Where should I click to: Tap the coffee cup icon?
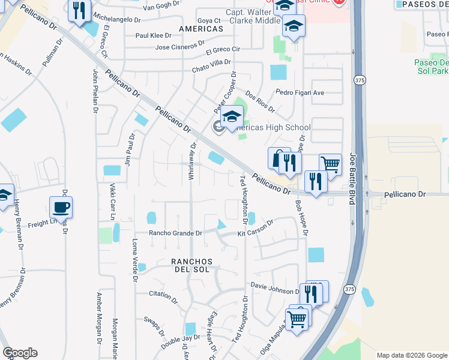click(61, 208)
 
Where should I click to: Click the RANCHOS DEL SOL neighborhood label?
click(192, 266)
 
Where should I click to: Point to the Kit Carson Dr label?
click(255, 228)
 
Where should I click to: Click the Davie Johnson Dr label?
click(274, 289)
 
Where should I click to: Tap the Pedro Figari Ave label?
click(300, 92)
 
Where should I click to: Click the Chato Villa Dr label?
click(211, 66)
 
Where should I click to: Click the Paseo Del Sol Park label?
click(431, 67)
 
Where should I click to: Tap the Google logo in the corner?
click(20, 352)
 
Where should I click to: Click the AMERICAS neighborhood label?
click(200, 29)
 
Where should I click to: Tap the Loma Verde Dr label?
click(134, 260)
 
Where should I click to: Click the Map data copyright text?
click(411, 355)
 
